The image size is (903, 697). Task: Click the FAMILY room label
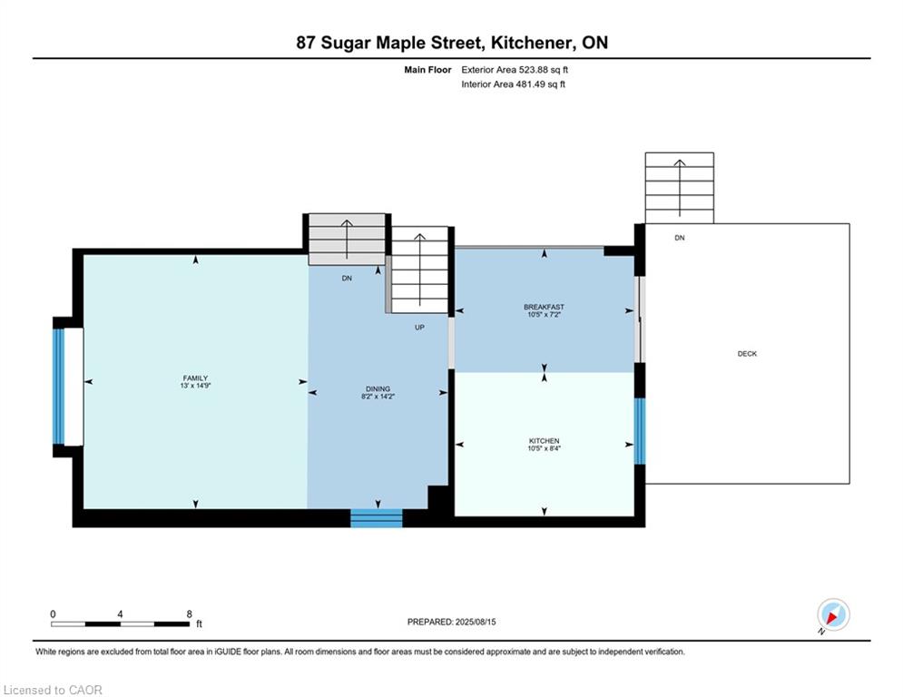pos(196,378)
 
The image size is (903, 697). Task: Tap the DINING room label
pos(378,388)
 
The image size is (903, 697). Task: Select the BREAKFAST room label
pos(545,307)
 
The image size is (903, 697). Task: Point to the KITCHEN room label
pos(545,441)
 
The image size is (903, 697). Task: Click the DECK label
pos(747,354)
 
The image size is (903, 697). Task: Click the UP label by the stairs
pos(420,328)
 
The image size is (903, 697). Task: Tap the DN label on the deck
pos(680,238)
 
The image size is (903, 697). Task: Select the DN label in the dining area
pos(347,279)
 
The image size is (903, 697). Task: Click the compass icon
pos(833,614)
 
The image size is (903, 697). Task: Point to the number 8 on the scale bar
pos(189,614)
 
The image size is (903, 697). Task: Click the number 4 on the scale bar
pos(120,614)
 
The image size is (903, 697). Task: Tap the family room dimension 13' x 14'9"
pos(196,386)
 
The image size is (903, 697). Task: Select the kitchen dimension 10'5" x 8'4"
pos(545,448)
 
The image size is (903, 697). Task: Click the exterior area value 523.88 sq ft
pos(544,70)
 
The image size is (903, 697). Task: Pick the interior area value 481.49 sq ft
pos(540,84)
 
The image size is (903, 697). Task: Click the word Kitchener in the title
pos(532,43)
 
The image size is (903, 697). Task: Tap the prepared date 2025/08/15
pos(476,622)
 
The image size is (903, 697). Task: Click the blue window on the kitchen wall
pos(639,431)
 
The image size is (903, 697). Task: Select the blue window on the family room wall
pos(58,387)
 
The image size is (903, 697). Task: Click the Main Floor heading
pos(427,70)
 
